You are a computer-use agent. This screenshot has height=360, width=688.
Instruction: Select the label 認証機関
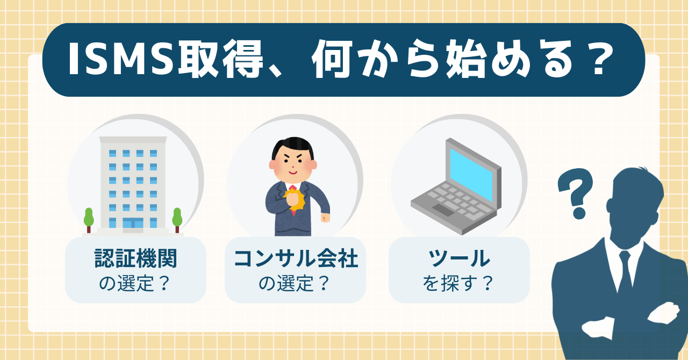[135, 260]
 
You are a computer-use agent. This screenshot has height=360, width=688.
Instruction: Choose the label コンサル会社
[296, 260]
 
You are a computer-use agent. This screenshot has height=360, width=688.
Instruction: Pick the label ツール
[459, 260]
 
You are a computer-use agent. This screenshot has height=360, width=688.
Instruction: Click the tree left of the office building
[89, 218]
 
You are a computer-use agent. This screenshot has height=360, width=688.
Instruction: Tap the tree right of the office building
[177, 218]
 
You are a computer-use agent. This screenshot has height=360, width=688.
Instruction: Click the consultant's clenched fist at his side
[324, 217]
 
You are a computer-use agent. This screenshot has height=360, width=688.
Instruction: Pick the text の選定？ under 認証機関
[135, 283]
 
